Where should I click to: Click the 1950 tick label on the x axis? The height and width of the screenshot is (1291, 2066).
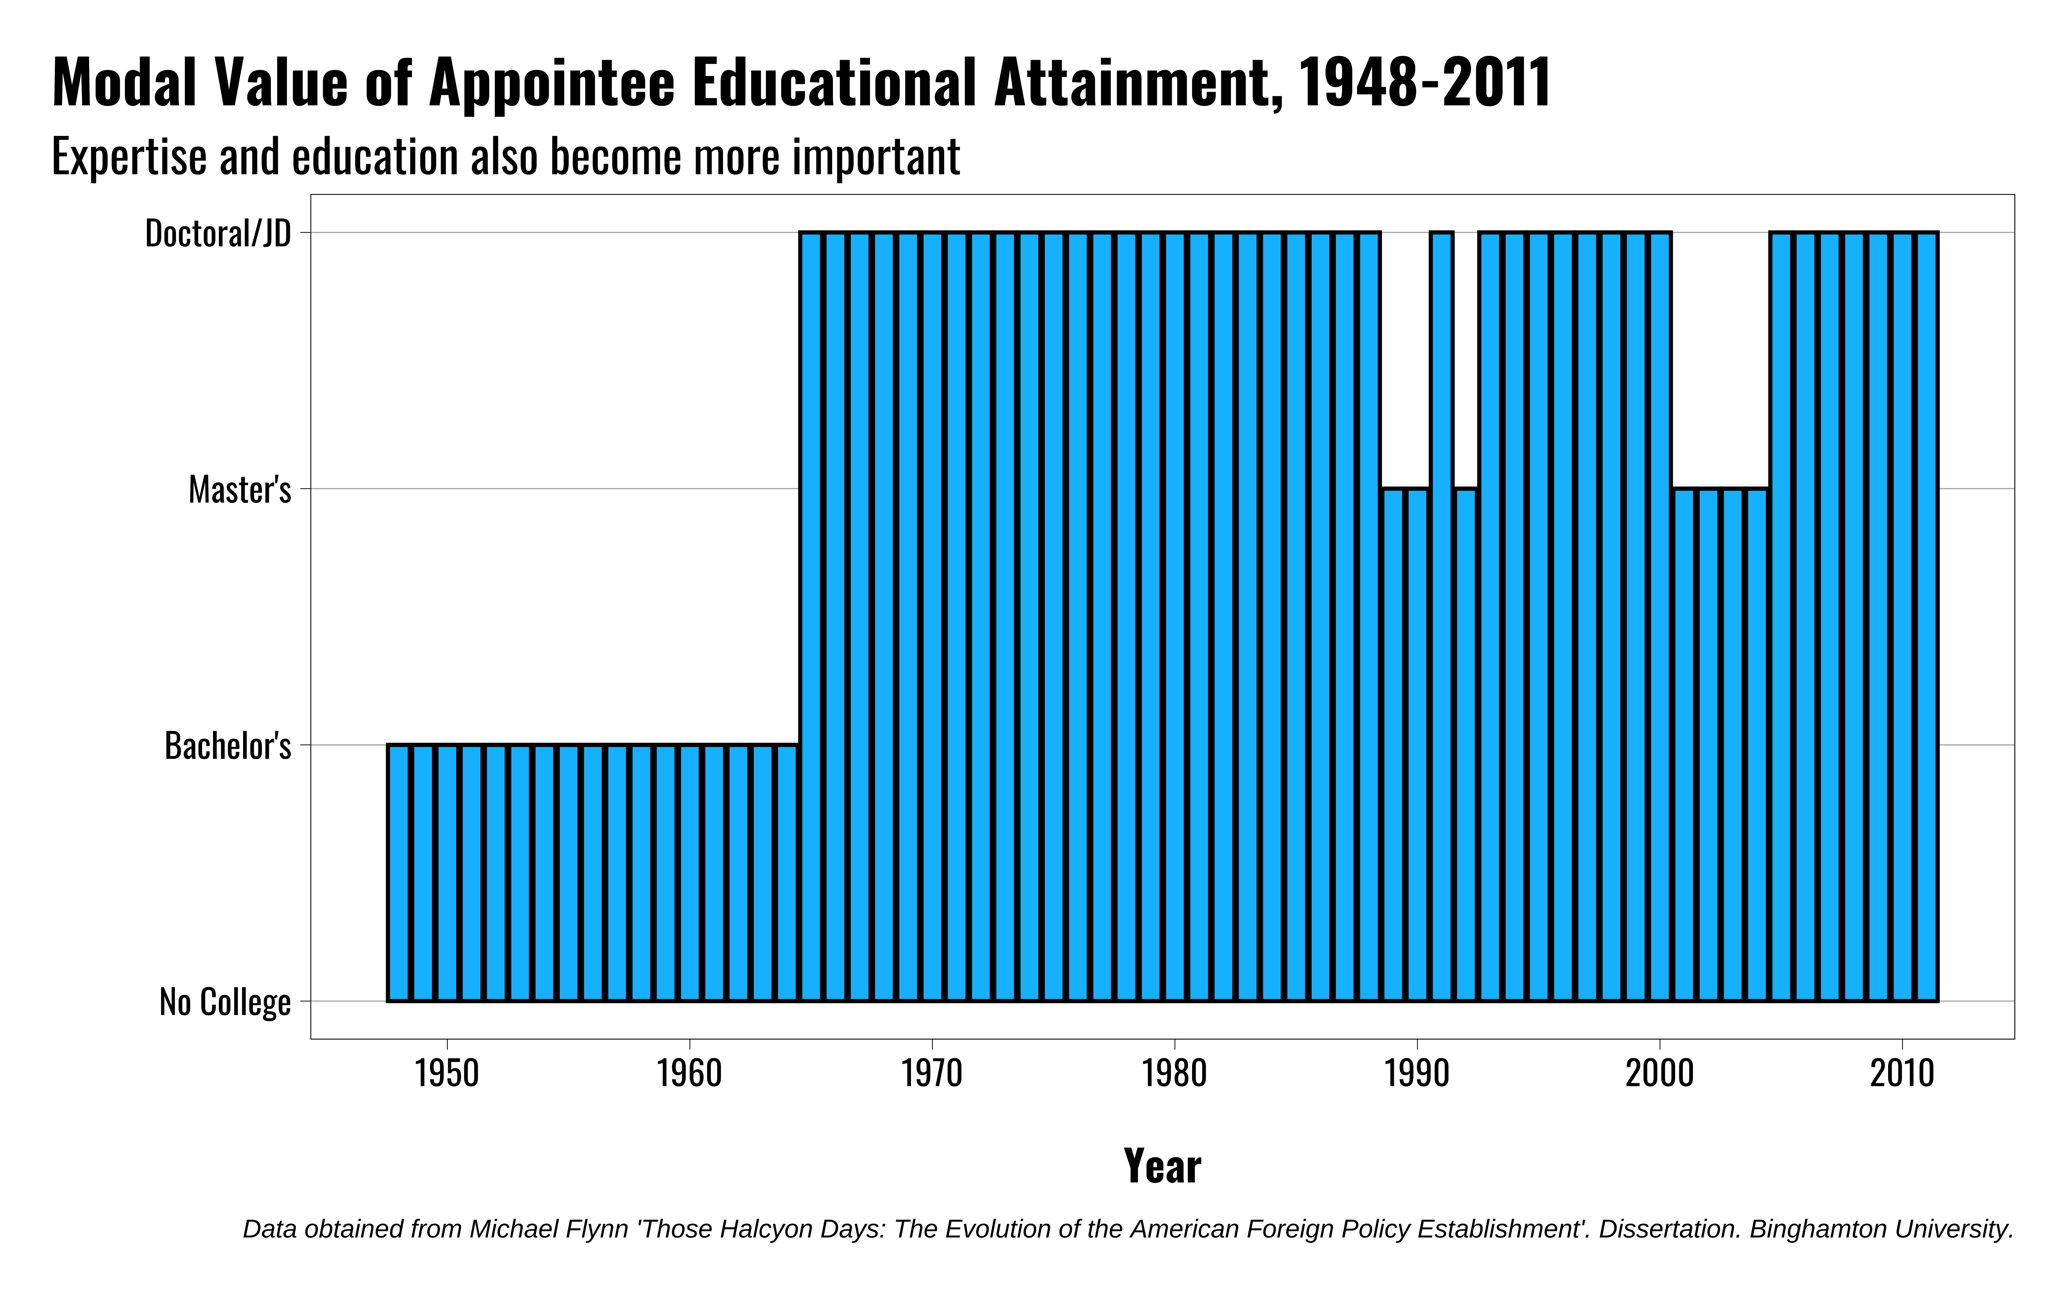point(446,1073)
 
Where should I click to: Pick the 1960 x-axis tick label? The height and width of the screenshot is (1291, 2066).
point(689,1073)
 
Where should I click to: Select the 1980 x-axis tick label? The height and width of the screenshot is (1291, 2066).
point(1175,1073)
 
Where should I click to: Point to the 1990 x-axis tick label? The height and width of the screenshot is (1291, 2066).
point(1417,1073)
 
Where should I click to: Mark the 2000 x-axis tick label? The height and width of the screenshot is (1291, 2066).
point(1660,1073)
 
